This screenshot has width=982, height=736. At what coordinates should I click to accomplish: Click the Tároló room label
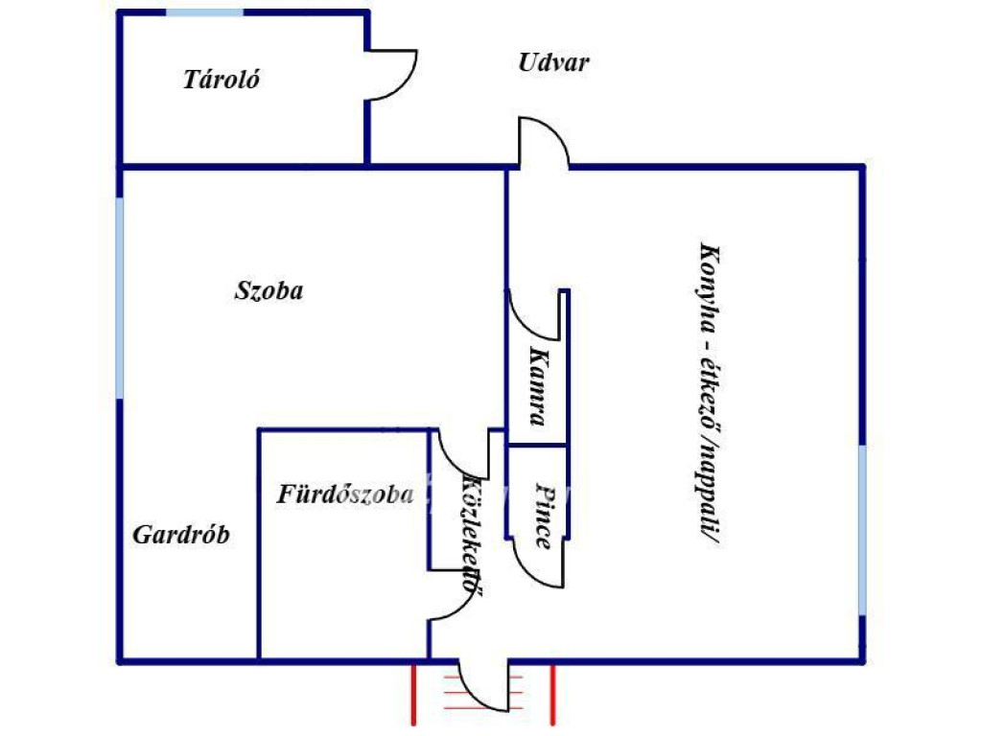click(x=222, y=80)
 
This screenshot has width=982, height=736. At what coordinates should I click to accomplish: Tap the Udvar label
click(x=553, y=62)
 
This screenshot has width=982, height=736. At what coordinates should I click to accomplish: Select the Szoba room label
click(x=269, y=290)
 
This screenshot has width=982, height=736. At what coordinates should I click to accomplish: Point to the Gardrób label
click(x=181, y=535)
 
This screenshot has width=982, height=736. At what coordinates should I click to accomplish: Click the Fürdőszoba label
click(x=345, y=495)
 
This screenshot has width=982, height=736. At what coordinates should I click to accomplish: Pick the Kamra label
click(x=538, y=386)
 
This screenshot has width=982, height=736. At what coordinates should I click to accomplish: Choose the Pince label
click(x=545, y=516)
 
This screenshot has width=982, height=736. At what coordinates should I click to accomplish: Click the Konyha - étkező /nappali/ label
click(x=710, y=395)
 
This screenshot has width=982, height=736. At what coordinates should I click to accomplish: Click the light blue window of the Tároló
click(x=205, y=12)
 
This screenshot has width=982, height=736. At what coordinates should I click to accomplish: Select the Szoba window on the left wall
click(x=120, y=298)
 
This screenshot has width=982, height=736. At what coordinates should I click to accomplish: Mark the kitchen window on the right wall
click(x=862, y=529)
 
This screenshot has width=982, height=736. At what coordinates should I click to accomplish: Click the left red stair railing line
click(x=414, y=695)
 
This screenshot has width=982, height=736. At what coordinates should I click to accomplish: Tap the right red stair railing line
click(x=552, y=695)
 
